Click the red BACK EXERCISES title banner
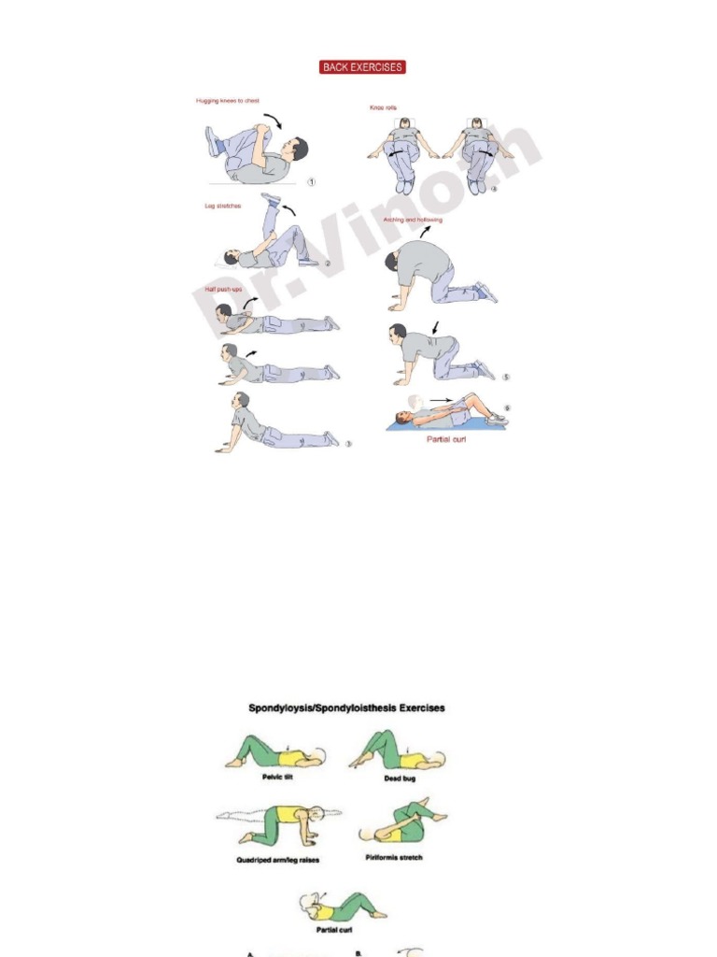coord(362,67)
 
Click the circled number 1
coord(312,182)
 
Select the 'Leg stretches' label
coord(223,206)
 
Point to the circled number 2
coord(327,264)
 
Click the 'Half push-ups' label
coord(224,290)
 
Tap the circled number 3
coord(348,444)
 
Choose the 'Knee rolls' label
coord(384,108)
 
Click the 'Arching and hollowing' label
coord(414,221)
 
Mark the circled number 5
coord(506,378)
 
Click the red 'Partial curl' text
coord(446,439)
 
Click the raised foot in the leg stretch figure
coord(273,198)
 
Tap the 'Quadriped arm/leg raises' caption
coord(277,860)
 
